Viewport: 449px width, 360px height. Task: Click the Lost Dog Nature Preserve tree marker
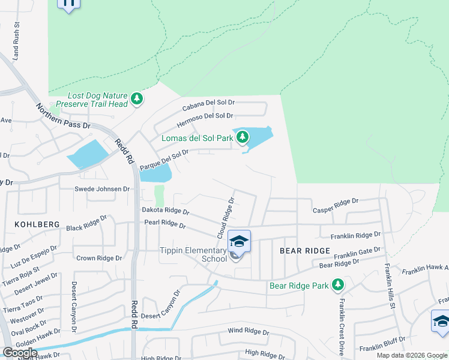pos(137,98)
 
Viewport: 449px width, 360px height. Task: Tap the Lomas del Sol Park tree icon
pos(243,137)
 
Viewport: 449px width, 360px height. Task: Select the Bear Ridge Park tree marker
pos(339,284)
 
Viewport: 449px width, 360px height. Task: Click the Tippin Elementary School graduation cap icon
pos(239,241)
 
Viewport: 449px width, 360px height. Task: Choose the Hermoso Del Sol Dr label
pos(205,120)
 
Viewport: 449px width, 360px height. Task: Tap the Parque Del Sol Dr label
pos(164,160)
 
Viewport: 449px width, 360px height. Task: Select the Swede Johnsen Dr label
pos(102,189)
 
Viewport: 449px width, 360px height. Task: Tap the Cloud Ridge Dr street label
pos(224,215)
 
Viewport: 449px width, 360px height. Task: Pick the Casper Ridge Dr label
pos(335,205)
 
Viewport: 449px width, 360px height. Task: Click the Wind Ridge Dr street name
pos(249,331)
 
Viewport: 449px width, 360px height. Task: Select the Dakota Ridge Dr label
pos(165,211)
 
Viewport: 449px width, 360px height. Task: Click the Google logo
pos(20,353)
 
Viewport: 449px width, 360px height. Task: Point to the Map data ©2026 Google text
pos(411,355)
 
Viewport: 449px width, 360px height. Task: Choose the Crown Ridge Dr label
pos(99,258)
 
